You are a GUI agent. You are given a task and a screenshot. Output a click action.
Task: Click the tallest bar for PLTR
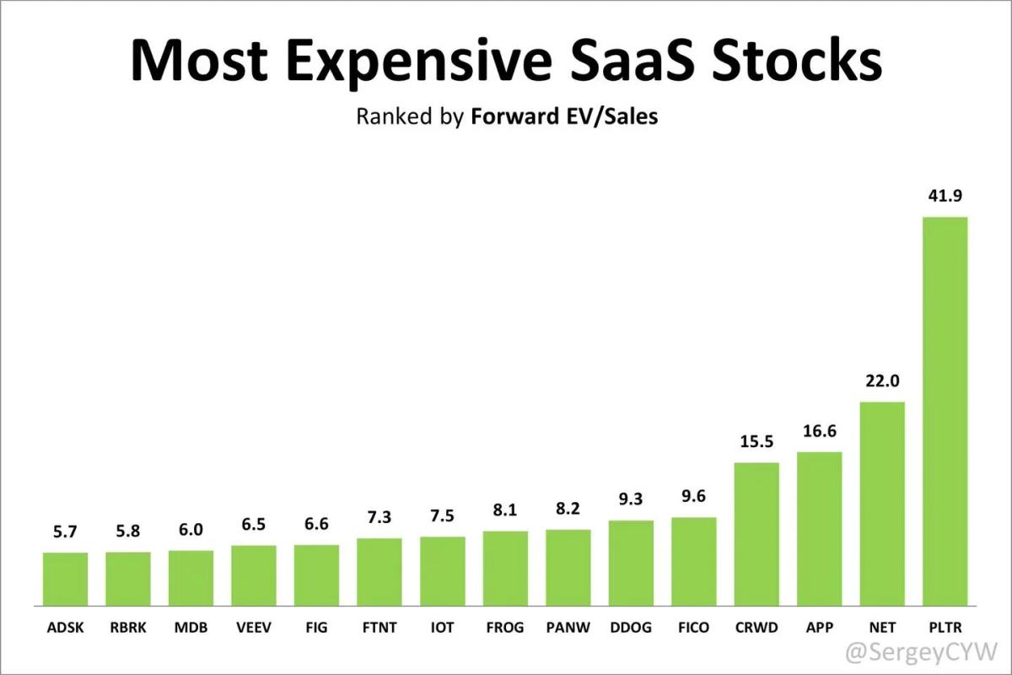[945, 411]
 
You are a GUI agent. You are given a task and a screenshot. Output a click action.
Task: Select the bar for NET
[882, 503]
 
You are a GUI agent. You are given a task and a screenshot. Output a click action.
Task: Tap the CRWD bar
[756, 533]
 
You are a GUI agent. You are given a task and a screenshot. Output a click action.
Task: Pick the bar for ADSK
[65, 579]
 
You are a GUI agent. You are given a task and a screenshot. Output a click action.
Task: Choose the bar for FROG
[505, 568]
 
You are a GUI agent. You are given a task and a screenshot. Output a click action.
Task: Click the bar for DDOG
[631, 563]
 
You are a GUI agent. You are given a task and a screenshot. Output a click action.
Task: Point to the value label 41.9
[945, 196]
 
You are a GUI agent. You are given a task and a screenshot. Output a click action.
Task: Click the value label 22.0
[882, 381]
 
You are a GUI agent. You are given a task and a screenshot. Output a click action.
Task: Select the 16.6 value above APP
[819, 431]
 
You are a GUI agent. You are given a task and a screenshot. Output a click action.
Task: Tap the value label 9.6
[693, 497]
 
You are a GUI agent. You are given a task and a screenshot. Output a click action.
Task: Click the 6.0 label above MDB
[191, 530]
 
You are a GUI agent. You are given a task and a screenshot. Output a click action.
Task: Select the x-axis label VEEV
[254, 628]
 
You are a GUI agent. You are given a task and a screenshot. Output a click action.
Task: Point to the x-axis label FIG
[316, 628]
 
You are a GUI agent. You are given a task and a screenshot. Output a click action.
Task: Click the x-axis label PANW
[568, 628]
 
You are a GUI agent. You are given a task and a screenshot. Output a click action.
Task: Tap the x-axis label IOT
[442, 628]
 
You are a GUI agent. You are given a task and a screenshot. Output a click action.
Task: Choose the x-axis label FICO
[693, 628]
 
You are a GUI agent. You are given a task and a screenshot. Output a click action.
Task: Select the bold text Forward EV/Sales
[564, 116]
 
